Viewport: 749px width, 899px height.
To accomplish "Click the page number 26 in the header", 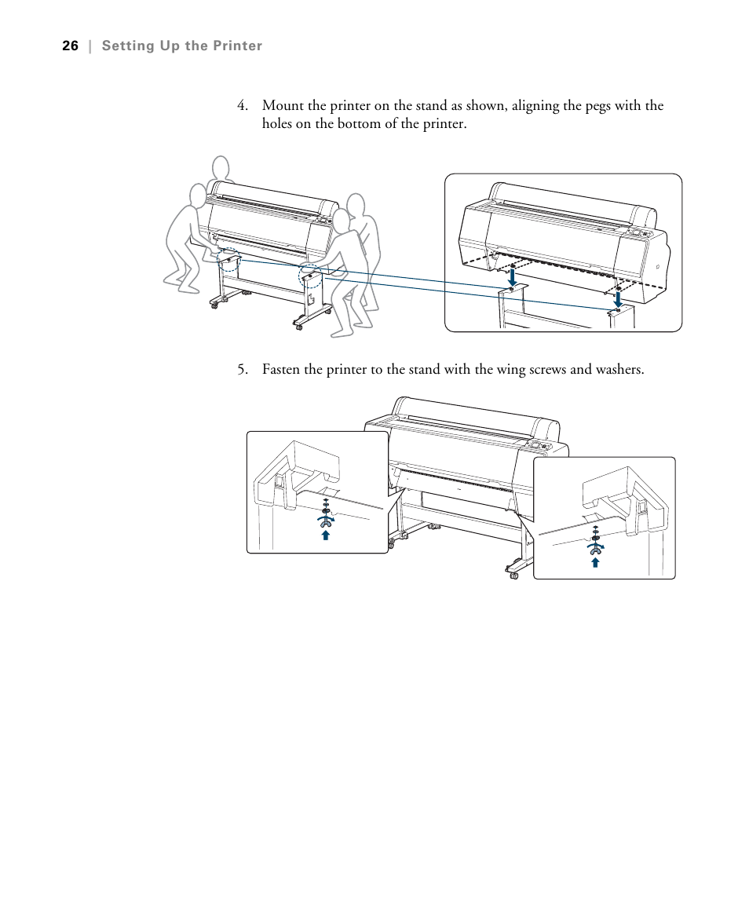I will pyautogui.click(x=70, y=46).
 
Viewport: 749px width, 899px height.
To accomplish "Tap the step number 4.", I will pyautogui.click(x=243, y=106).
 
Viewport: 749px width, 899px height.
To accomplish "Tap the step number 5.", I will pyautogui.click(x=243, y=369).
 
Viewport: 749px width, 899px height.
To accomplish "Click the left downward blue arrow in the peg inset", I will pyautogui.click(x=512, y=276).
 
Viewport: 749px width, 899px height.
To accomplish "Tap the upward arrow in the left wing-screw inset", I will pyautogui.click(x=325, y=535).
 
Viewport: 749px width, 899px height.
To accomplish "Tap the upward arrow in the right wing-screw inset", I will pyautogui.click(x=595, y=561).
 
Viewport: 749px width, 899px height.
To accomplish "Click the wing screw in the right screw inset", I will pyautogui.click(x=595, y=548).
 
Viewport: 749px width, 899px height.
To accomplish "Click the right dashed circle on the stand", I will pyautogui.click(x=309, y=276).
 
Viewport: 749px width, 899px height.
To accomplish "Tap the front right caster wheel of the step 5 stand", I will pyautogui.click(x=514, y=575).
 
